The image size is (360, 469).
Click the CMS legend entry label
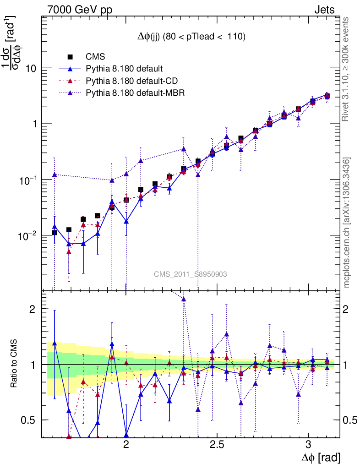coord(96,57)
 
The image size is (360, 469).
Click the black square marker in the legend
coord(70,57)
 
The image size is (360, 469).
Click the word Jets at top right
coord(324,10)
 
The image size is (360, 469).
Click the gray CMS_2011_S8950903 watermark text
coord(191,274)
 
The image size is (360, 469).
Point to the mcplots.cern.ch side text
coord(347,223)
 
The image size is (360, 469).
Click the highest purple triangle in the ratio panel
coord(184,299)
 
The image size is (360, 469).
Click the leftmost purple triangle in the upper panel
coord(55,174)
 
